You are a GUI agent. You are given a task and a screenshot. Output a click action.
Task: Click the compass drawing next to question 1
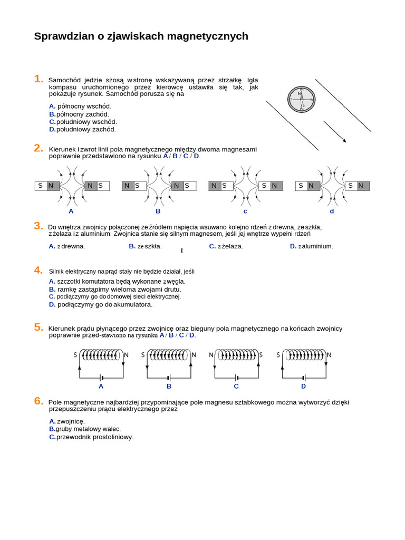301,99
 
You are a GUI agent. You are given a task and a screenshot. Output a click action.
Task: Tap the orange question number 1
38,79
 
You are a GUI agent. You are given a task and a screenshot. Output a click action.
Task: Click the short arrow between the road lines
335,132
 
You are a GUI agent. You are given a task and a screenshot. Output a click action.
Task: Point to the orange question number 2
38,148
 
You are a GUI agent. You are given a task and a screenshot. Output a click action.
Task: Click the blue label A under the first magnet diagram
71,211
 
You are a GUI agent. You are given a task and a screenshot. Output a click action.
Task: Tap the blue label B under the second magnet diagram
158,211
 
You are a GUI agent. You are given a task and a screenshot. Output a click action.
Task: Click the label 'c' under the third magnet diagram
245,211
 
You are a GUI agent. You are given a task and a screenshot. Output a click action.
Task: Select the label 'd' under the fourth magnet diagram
332,211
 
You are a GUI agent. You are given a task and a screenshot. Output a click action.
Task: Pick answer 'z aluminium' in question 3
315,246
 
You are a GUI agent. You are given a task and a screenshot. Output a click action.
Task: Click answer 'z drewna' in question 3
71,246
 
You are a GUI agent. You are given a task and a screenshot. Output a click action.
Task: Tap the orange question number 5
38,327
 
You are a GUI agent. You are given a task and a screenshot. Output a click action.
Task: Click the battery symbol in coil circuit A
101,378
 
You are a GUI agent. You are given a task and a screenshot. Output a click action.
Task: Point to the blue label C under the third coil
236,387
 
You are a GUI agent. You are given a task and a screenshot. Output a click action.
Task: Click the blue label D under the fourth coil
304,387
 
